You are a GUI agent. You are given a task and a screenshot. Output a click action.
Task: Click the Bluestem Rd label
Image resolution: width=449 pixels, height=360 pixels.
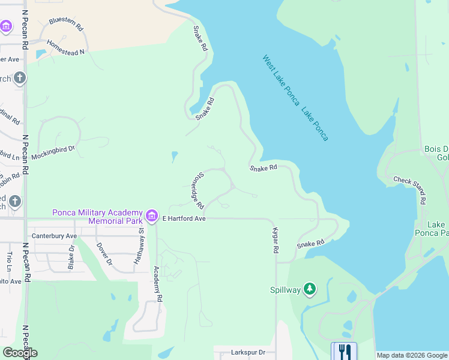(66, 23)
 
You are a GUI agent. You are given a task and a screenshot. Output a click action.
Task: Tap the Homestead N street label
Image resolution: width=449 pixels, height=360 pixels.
(66, 49)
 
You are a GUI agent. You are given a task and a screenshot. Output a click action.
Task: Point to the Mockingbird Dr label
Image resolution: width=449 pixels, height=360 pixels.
(53, 151)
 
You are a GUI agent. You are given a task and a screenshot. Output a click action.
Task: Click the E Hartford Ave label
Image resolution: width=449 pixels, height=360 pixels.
(184, 219)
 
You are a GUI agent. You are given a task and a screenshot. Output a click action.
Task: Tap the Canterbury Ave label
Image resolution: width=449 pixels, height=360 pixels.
(55, 236)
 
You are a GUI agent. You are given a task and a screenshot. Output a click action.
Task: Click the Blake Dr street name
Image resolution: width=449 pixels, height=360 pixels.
(71, 256)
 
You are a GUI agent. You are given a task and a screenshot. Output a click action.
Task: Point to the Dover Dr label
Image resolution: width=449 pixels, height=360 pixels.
(105, 254)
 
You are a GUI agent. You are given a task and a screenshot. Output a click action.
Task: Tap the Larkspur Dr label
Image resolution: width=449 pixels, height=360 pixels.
(248, 353)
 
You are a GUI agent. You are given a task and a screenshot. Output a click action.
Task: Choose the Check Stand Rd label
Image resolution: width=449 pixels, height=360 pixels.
(410, 189)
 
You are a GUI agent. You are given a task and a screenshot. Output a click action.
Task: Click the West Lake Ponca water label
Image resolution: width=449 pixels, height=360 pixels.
(281, 80)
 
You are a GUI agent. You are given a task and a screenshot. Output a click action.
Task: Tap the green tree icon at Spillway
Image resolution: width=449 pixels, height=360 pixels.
(310, 290)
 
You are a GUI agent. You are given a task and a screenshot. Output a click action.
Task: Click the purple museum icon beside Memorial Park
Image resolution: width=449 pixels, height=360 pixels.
(152, 215)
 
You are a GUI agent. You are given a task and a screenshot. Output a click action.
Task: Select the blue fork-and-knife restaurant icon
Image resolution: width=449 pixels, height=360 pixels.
(344, 350)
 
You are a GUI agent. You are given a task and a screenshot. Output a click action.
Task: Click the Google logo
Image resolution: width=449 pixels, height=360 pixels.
(20, 353)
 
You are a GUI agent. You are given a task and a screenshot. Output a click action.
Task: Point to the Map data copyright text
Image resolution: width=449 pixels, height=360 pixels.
(411, 355)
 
